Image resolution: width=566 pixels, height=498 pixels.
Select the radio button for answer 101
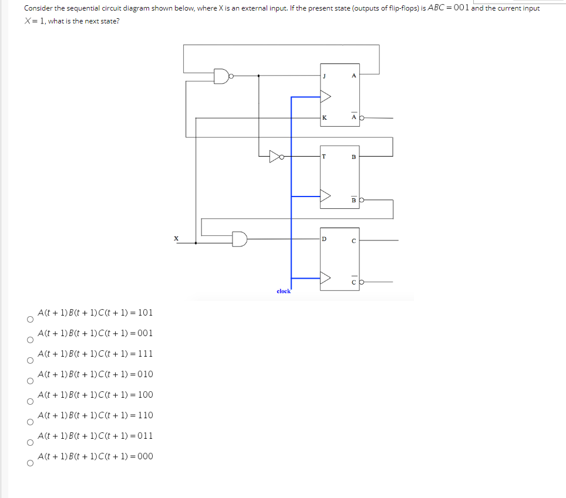click(28, 320)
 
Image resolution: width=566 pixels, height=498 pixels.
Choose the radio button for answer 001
click(28, 341)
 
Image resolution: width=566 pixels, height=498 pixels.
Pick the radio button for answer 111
click(28, 361)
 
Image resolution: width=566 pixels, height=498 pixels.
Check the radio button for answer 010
click(28, 382)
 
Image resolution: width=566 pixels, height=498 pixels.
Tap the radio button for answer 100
click(28, 402)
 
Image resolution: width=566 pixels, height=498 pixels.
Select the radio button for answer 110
click(28, 423)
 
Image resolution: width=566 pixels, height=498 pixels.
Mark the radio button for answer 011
click(28, 443)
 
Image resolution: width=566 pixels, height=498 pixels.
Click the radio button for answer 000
click(28, 464)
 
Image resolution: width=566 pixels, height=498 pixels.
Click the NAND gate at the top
click(222, 76)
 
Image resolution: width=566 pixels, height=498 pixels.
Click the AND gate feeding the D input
click(240, 239)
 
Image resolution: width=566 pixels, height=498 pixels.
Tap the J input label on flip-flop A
click(324, 76)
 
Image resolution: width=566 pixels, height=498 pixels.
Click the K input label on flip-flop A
click(324, 118)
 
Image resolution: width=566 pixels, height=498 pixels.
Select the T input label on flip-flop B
click(324, 157)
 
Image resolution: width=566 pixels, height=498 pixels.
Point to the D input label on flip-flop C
click(324, 239)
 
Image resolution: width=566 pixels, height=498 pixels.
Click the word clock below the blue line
click(284, 291)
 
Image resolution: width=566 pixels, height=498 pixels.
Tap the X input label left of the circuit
click(176, 238)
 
